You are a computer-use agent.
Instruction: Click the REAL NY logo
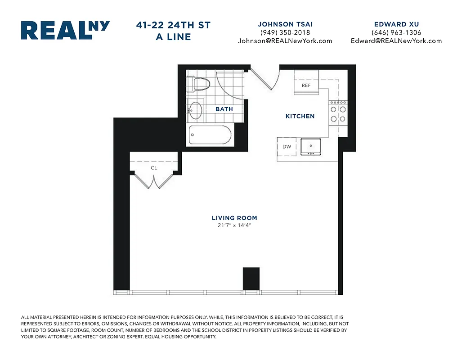coord(65,31)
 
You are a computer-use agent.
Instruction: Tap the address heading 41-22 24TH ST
coord(173,26)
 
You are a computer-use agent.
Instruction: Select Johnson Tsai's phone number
coord(285,32)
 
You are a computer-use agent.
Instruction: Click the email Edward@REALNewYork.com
coord(396,40)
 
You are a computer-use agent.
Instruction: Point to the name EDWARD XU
coord(396,24)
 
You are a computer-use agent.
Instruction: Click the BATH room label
coord(224,109)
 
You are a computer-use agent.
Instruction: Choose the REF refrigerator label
coord(306,85)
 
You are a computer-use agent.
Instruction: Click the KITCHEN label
coord(300,116)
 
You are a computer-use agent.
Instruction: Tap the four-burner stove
coord(338,113)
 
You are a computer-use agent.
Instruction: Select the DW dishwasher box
coord(287,147)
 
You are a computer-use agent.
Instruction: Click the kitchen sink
coord(310,147)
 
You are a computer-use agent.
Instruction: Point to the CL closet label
coord(154,168)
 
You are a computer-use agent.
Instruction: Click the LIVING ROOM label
coord(234,218)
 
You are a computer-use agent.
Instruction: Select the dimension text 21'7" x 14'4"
coord(234,225)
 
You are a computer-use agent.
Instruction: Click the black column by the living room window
coord(251,279)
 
